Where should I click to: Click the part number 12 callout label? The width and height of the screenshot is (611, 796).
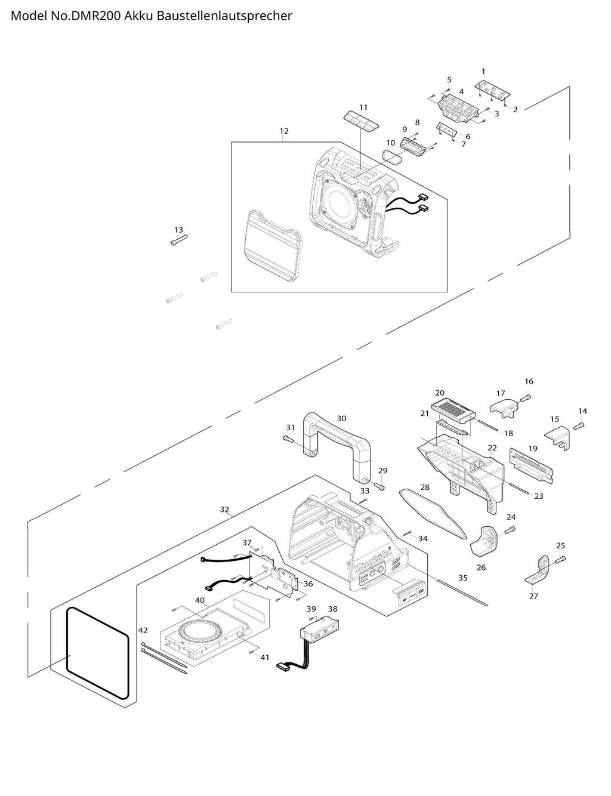click(x=284, y=131)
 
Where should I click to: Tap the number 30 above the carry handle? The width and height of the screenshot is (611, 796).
click(x=341, y=418)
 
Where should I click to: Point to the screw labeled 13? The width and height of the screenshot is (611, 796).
click(x=179, y=240)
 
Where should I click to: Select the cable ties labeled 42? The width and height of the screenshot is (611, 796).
click(x=163, y=658)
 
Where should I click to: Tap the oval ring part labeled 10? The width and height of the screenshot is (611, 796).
click(x=392, y=157)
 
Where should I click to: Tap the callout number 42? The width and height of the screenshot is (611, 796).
click(x=143, y=630)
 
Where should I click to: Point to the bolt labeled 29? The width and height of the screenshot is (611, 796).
click(x=379, y=486)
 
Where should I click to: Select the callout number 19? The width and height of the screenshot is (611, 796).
click(x=533, y=448)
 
